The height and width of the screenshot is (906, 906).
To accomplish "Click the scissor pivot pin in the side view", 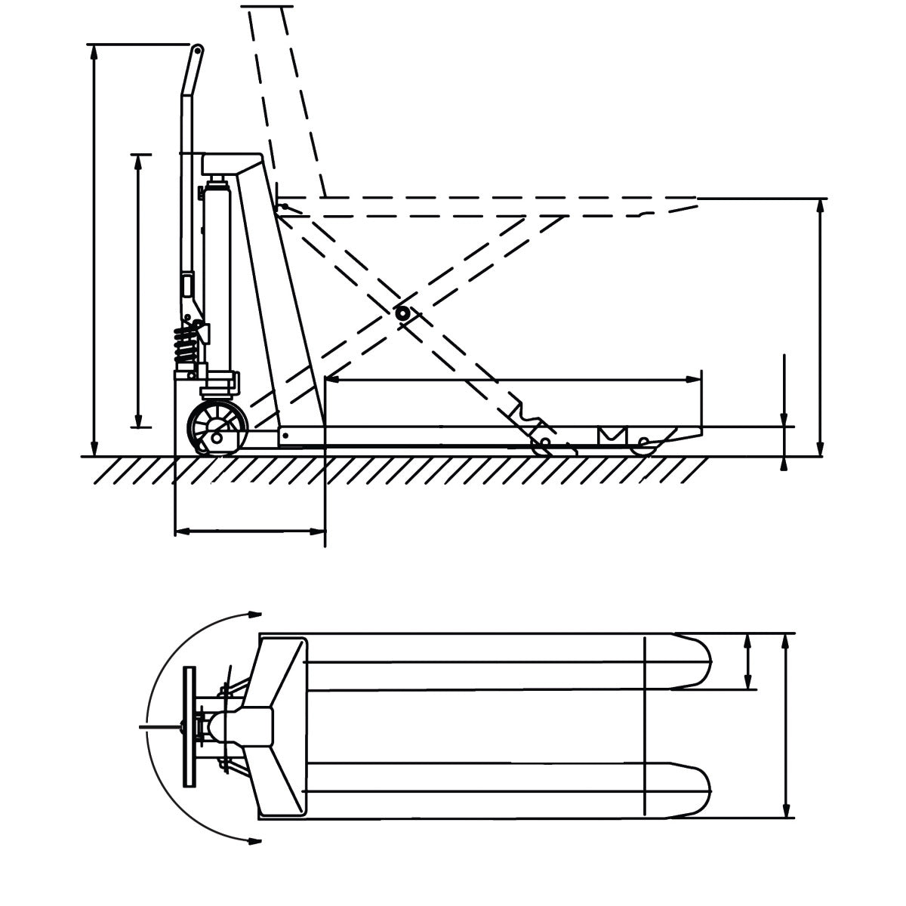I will [x=402, y=313].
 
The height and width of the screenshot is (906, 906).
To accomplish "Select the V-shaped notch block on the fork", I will [x=612, y=436].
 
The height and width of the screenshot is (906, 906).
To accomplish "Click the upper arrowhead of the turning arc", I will [x=254, y=614].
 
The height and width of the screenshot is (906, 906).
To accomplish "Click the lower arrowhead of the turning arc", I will [x=254, y=839].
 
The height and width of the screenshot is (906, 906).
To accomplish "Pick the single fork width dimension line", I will [x=748, y=661].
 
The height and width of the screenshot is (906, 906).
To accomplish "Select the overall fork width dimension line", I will [x=787, y=726].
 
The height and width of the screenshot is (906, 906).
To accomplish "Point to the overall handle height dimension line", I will [x=94, y=249].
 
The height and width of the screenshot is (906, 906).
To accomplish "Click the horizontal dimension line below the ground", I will [x=249, y=532].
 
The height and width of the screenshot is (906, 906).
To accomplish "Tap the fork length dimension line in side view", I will [x=513, y=380].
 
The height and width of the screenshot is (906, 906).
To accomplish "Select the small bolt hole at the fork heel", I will [x=286, y=436].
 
